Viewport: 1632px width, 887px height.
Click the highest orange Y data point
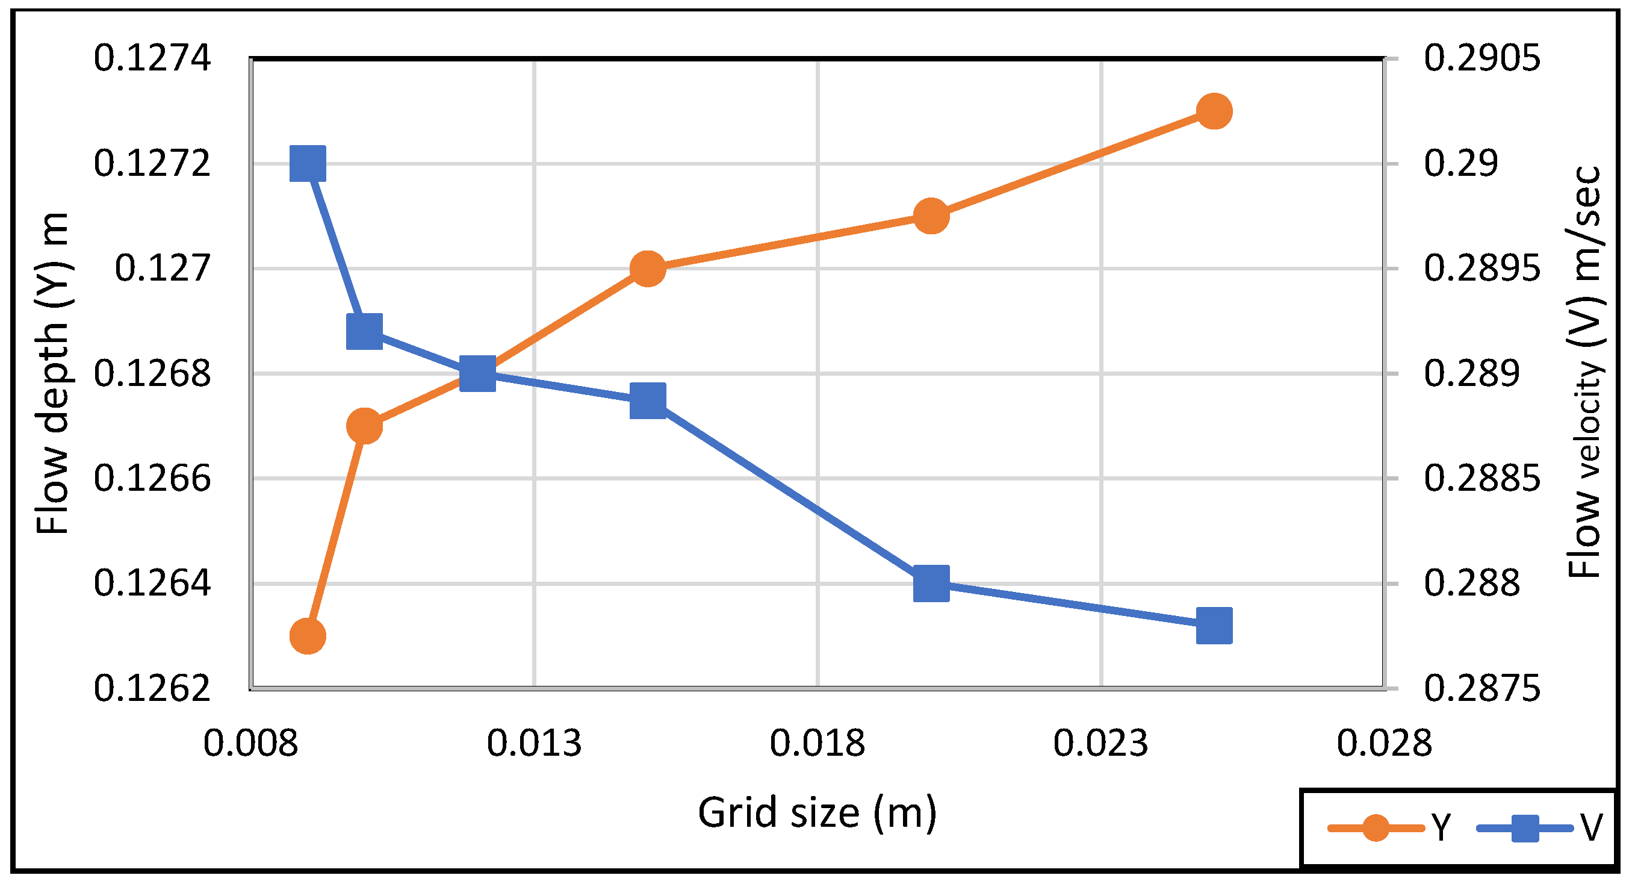[1214, 111]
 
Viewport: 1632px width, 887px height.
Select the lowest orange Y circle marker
[308, 635]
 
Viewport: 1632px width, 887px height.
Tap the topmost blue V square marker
[308, 163]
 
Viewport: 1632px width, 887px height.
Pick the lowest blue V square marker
[1214, 625]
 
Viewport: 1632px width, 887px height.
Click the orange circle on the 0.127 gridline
[648, 269]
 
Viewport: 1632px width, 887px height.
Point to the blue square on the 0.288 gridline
[931, 583]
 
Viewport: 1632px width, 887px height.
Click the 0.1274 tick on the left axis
[152, 58]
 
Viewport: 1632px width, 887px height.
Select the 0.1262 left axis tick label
[152, 688]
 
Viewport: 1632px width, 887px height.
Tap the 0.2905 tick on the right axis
[1482, 58]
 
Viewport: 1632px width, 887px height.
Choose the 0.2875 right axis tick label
[1482, 688]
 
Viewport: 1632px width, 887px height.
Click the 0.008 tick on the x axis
[250, 743]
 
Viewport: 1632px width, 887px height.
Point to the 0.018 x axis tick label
[818, 743]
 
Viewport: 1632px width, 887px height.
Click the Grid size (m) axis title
[818, 812]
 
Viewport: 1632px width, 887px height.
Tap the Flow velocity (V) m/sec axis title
[1584, 373]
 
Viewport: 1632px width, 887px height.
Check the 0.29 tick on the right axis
[1460, 163]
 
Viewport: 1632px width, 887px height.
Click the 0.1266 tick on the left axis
[152, 478]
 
